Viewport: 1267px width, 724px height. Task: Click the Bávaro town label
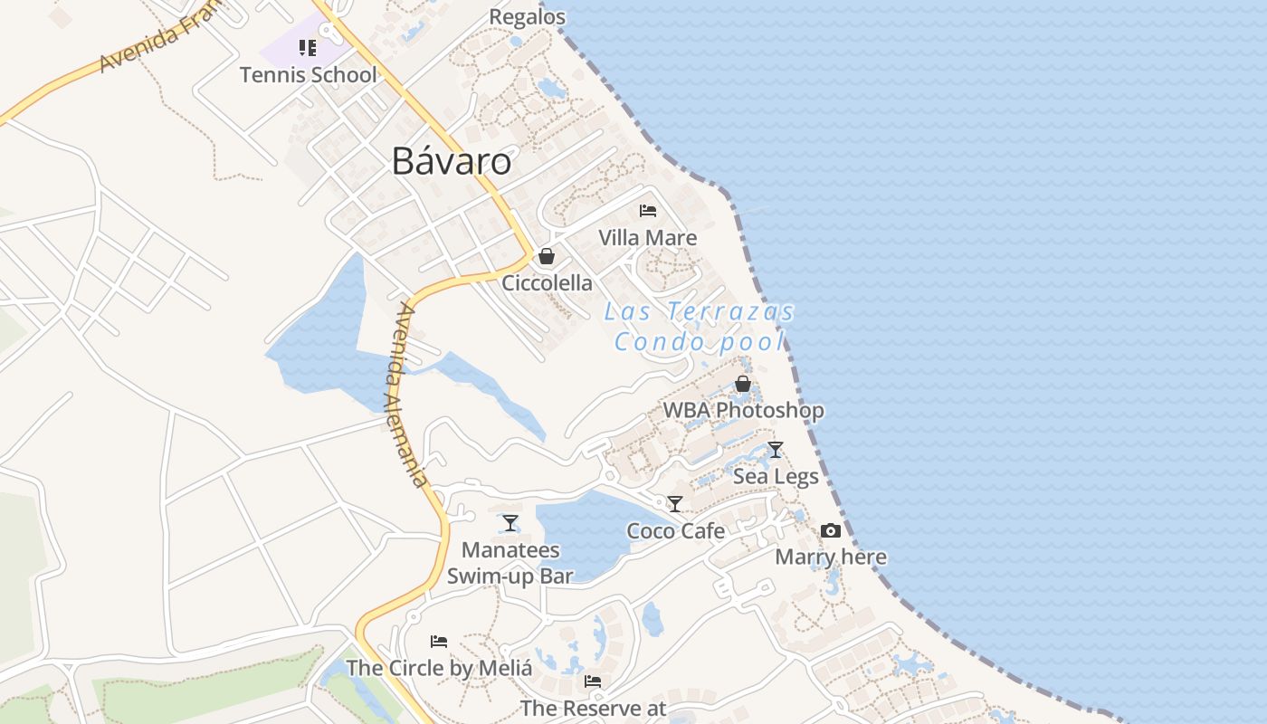click(x=451, y=161)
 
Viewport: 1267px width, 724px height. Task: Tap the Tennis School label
click(x=308, y=74)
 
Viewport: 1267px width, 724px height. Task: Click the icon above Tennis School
click(x=308, y=47)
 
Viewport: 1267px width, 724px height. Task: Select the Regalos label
click(x=527, y=16)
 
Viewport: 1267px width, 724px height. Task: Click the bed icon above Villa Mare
click(x=648, y=211)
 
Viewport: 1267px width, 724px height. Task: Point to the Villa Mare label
click(x=648, y=238)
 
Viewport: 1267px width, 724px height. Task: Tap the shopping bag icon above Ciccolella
click(x=547, y=256)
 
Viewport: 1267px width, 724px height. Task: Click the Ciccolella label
click(x=547, y=283)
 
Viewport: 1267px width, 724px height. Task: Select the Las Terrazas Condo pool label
click(x=699, y=327)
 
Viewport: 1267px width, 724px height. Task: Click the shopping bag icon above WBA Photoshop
click(x=743, y=384)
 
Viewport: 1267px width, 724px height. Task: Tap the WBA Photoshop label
click(x=743, y=411)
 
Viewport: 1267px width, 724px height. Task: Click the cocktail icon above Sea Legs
click(x=776, y=450)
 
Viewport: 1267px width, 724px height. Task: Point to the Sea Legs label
click(x=776, y=477)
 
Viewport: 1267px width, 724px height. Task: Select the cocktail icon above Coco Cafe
click(x=675, y=504)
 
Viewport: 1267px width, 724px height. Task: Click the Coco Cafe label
click(x=675, y=531)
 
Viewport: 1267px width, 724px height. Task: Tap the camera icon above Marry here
click(x=831, y=531)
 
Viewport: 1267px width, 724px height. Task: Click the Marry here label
click(x=831, y=557)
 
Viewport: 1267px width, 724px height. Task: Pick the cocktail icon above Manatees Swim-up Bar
click(x=510, y=523)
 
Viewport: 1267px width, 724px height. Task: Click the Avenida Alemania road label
click(x=411, y=395)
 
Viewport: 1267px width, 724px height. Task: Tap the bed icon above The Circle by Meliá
click(x=439, y=642)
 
